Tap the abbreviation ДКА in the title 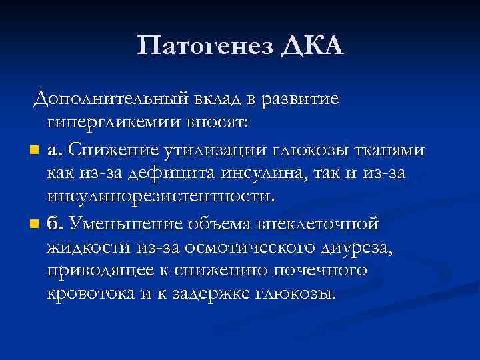313,46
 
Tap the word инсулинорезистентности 160,197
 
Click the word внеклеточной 319,221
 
